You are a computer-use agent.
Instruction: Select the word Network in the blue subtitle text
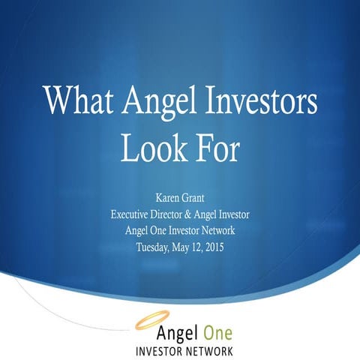(x=214, y=229)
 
